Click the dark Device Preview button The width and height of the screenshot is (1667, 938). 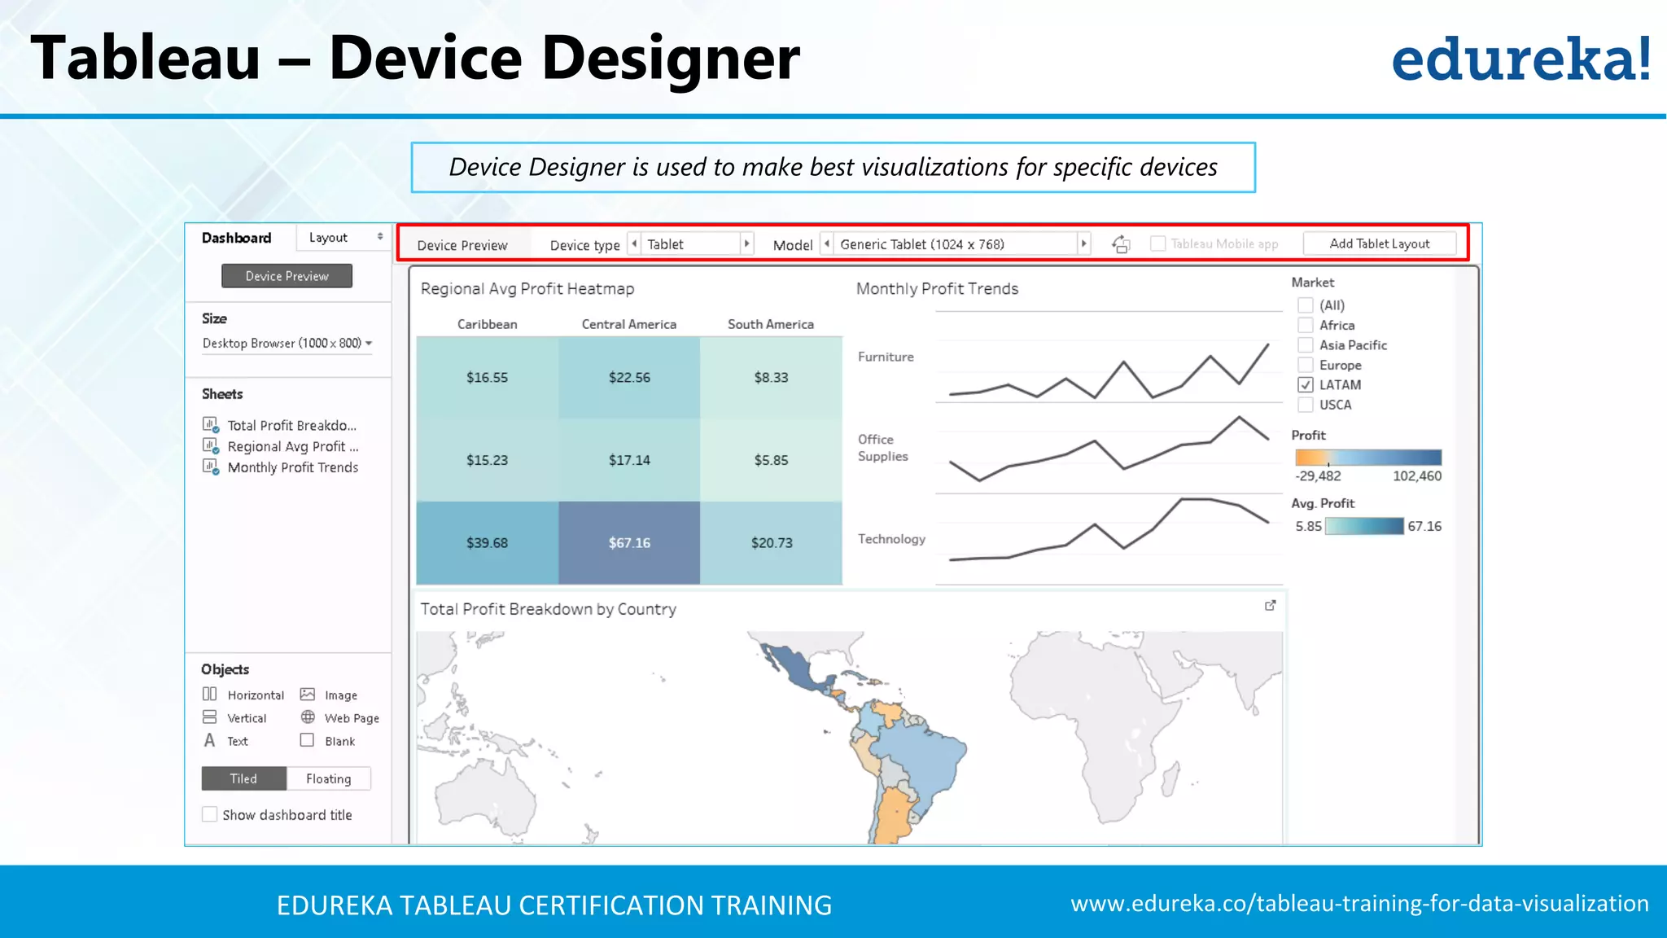pos(287,276)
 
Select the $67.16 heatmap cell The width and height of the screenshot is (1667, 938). pos(629,542)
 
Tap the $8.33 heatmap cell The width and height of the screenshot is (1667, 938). pos(771,377)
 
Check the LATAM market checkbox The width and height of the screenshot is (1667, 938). pos(1306,385)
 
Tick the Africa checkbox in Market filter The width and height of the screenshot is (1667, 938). pos(1306,325)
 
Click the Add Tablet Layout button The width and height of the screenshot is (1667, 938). pos(1379,243)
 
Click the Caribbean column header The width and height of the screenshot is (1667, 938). pos(487,324)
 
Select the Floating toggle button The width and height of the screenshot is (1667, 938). pos(328,778)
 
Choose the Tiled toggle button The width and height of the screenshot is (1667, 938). pos(243,778)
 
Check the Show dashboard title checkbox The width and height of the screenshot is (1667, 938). pos(210,814)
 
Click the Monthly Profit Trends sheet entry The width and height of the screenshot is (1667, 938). pos(292,467)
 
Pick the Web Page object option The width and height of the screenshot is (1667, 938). pos(351,718)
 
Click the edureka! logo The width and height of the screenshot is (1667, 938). pos(1520,59)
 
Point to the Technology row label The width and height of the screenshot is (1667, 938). pos(891,539)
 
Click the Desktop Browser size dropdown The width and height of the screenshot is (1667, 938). pos(287,343)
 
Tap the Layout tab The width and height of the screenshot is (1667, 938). pos(328,237)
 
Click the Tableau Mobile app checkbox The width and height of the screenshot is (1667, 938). pos(1157,243)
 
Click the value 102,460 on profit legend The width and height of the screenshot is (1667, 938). pos(1416,476)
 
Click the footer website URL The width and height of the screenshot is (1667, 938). pos(1359,904)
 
